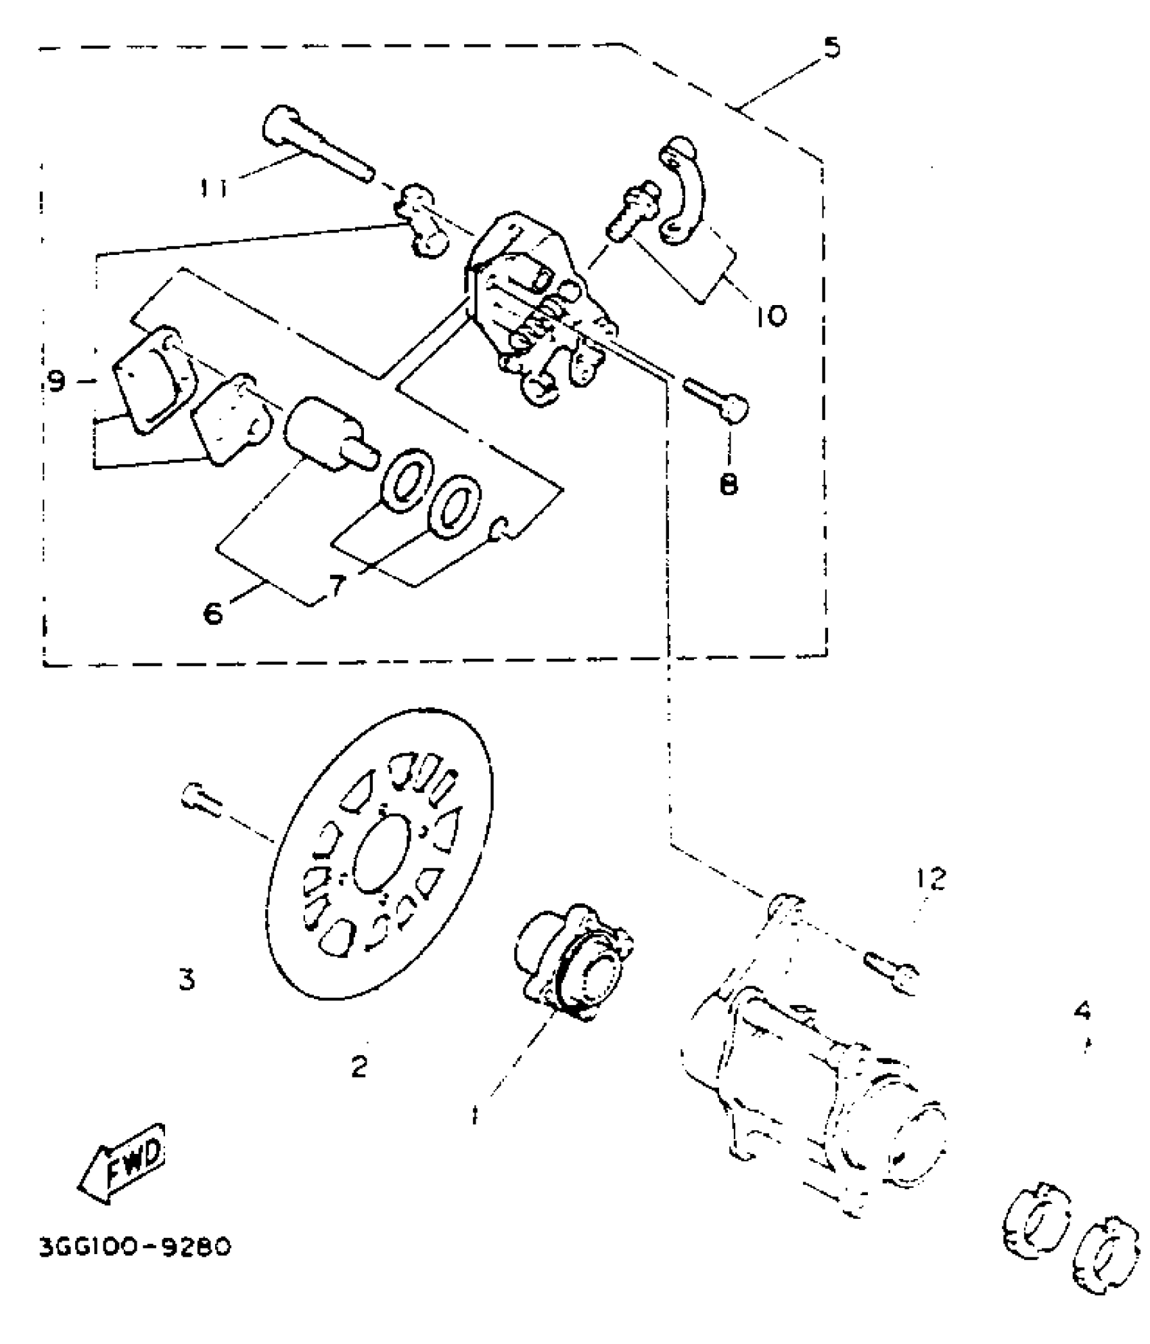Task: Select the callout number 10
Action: point(770,315)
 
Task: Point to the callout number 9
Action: point(57,383)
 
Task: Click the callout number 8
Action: point(729,484)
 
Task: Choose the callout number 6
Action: point(212,613)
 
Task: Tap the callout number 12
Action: point(931,879)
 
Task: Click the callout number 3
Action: point(187,979)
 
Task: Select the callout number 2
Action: point(359,1067)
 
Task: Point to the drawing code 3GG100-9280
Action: point(135,1247)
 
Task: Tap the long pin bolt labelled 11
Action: point(315,145)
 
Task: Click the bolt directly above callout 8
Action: point(717,399)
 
